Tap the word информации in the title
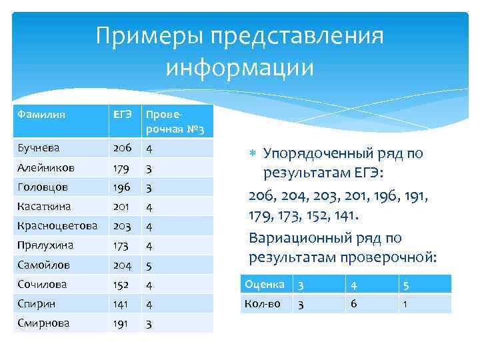pos(239,67)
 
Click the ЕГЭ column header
pos(122,115)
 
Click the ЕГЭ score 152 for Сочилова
pos(122,284)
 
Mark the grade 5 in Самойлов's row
pos(149,265)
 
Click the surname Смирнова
pos(43,323)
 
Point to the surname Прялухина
pos(45,245)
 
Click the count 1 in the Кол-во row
pos(404,303)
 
